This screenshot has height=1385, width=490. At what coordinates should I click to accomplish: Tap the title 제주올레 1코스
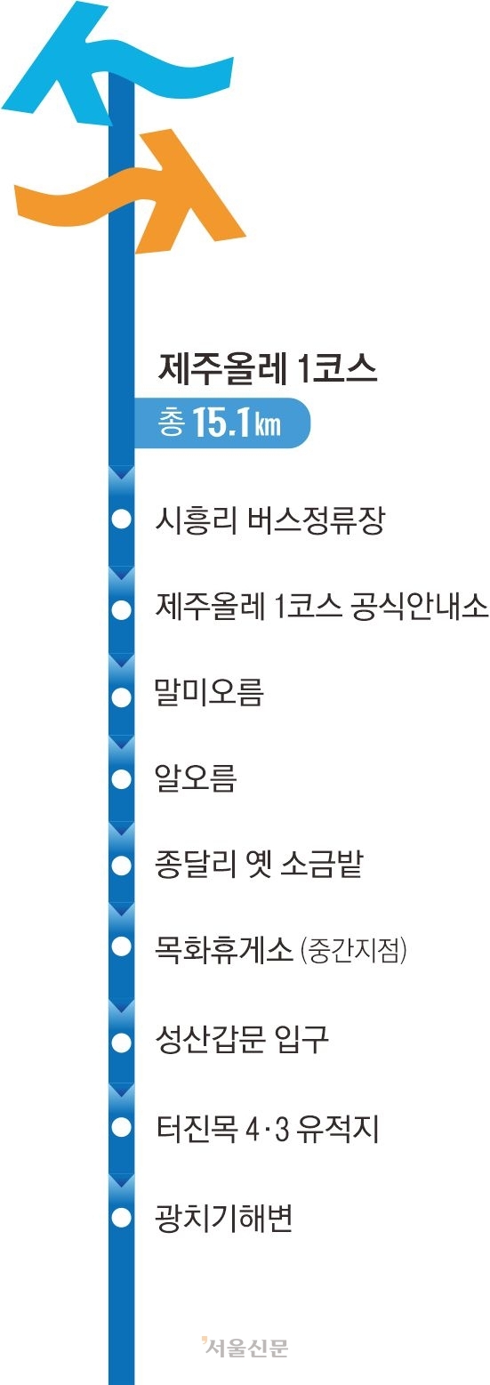click(268, 370)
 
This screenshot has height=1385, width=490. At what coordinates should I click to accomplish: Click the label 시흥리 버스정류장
click(270, 520)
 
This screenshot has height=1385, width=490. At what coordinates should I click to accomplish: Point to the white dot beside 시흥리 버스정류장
click(122, 519)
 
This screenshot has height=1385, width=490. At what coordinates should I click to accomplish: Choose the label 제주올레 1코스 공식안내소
click(322, 606)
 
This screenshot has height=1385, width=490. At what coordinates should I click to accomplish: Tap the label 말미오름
click(210, 692)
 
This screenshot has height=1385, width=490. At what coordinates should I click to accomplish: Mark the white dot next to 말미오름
click(122, 697)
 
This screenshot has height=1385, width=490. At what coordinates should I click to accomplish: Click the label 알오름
click(196, 777)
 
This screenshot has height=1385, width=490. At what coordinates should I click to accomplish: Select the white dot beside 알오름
click(122, 779)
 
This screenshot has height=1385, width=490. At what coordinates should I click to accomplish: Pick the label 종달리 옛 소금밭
click(259, 864)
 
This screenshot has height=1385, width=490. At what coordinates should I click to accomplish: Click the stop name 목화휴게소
click(223, 949)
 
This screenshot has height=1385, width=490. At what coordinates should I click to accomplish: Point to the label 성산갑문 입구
click(242, 1039)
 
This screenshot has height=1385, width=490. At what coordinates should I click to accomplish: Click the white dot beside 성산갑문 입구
click(122, 1043)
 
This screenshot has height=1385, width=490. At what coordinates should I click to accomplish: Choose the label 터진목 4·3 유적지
click(267, 1128)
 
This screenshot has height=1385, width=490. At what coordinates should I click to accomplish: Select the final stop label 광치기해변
click(224, 1218)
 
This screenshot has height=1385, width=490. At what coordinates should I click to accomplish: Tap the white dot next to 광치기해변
click(122, 1218)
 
